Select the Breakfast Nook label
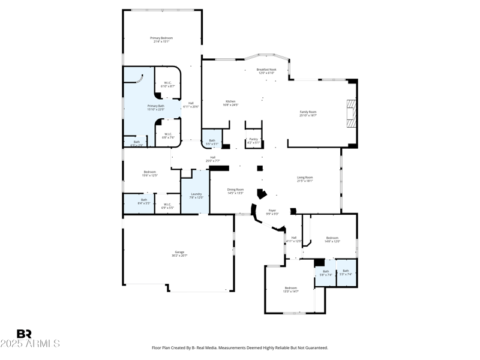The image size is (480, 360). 266,71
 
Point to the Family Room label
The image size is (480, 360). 308,113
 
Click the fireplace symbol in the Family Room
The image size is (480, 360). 350,114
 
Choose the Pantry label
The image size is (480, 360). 253,140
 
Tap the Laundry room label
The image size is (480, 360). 196,195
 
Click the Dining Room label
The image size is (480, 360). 235,191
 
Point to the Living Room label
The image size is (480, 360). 305,179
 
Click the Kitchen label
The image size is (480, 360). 230,103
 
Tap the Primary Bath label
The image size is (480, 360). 155,107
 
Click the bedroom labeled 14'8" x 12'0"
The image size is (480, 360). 332,239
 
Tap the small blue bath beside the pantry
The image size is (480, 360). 212,142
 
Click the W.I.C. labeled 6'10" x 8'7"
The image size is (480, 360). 167,85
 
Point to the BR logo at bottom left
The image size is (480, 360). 24,334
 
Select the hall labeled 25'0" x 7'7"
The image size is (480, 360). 213,159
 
